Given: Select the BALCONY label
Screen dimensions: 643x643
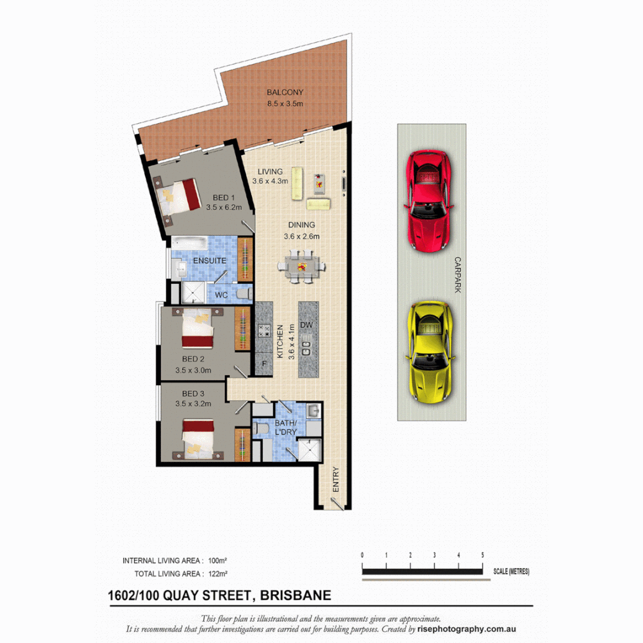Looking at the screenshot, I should (285, 92).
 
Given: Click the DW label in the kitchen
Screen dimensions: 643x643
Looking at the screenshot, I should (307, 325).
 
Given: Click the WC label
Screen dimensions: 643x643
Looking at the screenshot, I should (221, 295).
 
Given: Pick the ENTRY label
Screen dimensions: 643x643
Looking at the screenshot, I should (335, 478).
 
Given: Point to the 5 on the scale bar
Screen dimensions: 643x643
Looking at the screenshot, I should (482, 555).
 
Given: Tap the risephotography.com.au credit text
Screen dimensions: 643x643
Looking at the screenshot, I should (467, 629).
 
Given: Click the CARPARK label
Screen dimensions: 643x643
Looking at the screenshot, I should (458, 274).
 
